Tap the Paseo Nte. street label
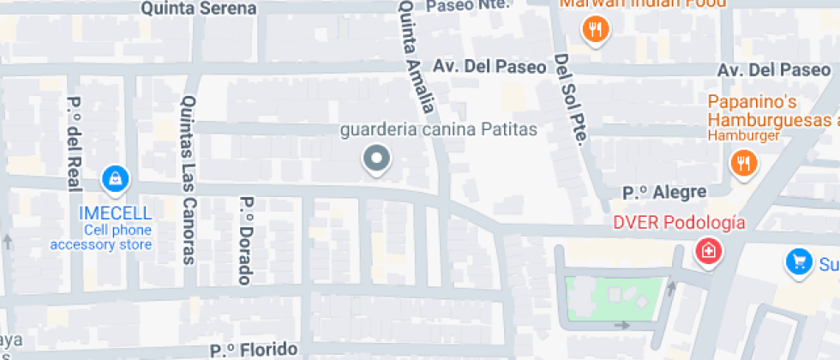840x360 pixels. tap(467, 5)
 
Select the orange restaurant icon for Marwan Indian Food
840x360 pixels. tap(596, 32)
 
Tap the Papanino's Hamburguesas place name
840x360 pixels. tap(771, 111)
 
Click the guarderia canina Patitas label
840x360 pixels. tap(438, 130)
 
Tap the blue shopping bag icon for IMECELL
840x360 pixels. tap(114, 179)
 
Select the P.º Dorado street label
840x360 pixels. tap(246, 241)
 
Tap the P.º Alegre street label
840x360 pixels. tap(664, 192)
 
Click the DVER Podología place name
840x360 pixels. tap(679, 223)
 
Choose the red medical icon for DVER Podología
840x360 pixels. tap(708, 252)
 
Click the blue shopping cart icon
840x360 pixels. tap(799, 263)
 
